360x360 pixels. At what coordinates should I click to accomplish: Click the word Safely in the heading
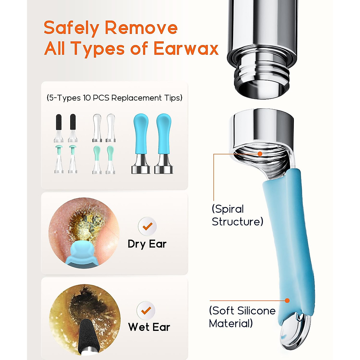coord(71,28)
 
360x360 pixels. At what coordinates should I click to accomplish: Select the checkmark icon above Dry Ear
coord(147,226)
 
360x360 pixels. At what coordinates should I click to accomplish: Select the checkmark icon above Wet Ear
coord(146,310)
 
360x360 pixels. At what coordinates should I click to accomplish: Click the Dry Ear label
coord(147,244)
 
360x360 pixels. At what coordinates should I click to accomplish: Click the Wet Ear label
coord(149,327)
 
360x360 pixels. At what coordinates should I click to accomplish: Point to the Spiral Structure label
coord(237,215)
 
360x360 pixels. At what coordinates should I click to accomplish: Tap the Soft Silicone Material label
coord(242,317)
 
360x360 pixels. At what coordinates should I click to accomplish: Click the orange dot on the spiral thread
coord(260,154)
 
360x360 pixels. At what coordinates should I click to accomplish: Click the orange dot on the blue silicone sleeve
coord(287,300)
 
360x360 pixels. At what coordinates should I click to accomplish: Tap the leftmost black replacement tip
coord(59,127)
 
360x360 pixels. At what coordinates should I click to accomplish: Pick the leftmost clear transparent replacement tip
coord(97,127)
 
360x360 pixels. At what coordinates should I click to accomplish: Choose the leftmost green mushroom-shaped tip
coord(59,159)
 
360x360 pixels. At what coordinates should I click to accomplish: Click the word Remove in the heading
coord(141,28)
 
